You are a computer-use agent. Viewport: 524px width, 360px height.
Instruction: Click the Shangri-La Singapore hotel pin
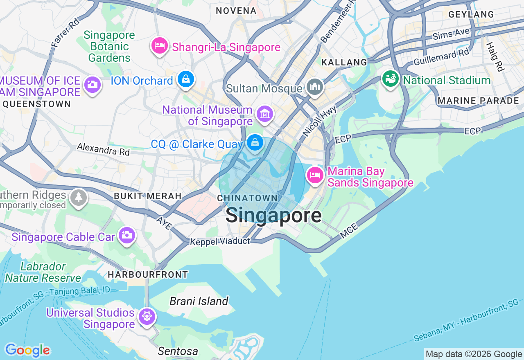point(159,46)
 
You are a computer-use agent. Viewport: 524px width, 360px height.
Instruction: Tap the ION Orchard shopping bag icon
point(186,79)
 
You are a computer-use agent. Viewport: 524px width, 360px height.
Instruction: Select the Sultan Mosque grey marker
point(315,87)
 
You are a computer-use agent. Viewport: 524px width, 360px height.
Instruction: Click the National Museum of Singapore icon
point(264,114)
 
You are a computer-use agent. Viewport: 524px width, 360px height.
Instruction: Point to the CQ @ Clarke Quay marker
point(255,143)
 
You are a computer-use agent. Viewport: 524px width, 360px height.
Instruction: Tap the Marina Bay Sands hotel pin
point(315,176)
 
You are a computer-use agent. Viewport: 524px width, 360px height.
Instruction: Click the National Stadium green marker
point(390,79)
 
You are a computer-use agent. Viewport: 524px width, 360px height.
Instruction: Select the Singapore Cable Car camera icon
point(127,235)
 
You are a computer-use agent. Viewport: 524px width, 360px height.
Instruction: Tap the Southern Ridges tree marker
point(78,198)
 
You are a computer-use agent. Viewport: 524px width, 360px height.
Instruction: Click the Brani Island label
point(199,301)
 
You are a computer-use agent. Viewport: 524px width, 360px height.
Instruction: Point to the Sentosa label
point(178,351)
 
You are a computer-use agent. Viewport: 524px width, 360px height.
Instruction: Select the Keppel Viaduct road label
point(220,242)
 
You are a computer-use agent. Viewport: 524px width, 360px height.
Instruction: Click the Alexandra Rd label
point(103,149)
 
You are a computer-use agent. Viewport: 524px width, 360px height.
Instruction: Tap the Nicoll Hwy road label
point(319,121)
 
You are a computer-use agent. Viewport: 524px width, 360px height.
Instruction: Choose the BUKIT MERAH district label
point(148,196)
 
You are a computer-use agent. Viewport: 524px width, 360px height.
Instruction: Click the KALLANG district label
point(344,62)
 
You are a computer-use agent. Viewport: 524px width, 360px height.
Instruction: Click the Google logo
point(27,350)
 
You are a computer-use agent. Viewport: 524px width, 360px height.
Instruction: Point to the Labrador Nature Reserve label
point(43,272)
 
